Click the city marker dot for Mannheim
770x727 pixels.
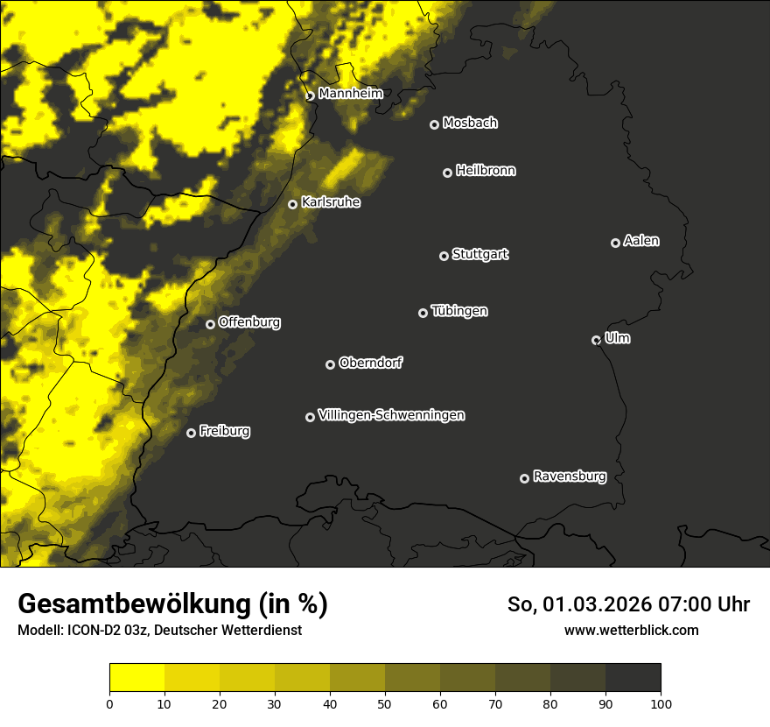tap(310, 96)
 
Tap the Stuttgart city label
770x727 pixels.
tap(479, 254)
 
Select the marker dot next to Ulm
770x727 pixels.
tap(596, 340)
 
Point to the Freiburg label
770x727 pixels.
tap(224, 431)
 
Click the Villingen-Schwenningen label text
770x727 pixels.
tap(391, 415)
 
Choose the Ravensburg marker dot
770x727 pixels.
tap(524, 478)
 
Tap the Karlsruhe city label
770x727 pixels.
tap(331, 202)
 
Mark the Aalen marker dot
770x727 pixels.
tap(615, 243)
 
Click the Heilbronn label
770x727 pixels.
tap(486, 171)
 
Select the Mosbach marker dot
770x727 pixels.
tap(433, 124)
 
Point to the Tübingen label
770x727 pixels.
tap(459, 311)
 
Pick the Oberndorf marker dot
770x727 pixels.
tap(330, 364)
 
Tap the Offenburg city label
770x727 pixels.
tap(249, 322)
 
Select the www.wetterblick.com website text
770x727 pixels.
tap(631, 630)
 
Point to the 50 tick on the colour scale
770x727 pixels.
tap(385, 703)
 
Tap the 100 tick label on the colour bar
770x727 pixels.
tap(661, 703)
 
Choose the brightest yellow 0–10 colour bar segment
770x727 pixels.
tap(136, 678)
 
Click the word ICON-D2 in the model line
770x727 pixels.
tap(91, 630)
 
